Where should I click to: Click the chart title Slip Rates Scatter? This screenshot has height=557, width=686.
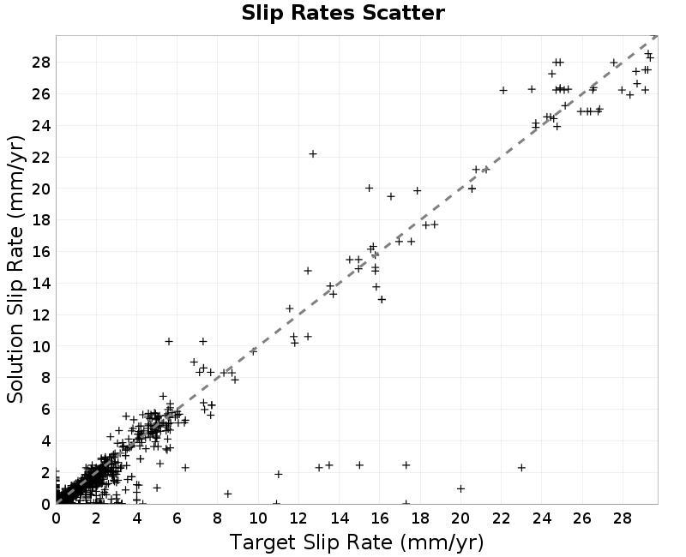pyautogui.click(x=343, y=13)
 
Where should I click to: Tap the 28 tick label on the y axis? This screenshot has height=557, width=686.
pyautogui.click(x=41, y=63)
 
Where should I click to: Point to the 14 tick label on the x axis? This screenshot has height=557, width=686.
pyautogui.click(x=340, y=518)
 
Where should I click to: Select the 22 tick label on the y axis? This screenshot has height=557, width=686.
pyautogui.click(x=41, y=158)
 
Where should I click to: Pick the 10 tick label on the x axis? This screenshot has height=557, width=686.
pyautogui.click(x=258, y=518)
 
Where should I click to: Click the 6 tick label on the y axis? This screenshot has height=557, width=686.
pyautogui.click(x=46, y=410)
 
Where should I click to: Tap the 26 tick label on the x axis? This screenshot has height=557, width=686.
pyautogui.click(x=582, y=518)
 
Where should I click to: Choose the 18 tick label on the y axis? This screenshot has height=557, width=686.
pyautogui.click(x=41, y=220)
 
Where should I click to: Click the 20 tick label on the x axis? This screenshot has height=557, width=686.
pyautogui.click(x=460, y=518)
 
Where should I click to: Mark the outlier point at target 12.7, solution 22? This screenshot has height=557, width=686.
pyautogui.click(x=313, y=154)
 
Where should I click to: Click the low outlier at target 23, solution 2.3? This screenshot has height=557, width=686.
pyautogui.click(x=521, y=468)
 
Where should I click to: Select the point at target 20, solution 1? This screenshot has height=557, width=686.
pyautogui.click(x=460, y=488)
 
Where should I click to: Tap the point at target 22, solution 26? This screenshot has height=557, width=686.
pyautogui.click(x=503, y=91)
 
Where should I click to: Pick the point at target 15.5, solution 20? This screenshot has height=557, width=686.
pyautogui.click(x=370, y=188)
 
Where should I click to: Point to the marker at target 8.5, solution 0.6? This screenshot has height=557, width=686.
pyautogui.click(x=227, y=494)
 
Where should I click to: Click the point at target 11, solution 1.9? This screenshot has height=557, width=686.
pyautogui.click(x=278, y=474)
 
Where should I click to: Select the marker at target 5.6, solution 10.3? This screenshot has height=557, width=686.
pyautogui.click(x=169, y=341)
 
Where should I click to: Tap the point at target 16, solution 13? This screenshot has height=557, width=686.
pyautogui.click(x=382, y=299)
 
